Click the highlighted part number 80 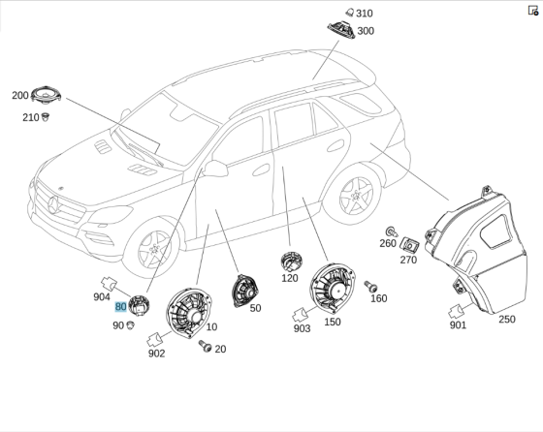[120, 306]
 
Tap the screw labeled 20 [205, 346]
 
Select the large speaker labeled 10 [189, 313]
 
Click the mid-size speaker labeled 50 [244, 292]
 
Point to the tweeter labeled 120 [291, 262]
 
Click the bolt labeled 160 [370, 287]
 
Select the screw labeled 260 [392, 231]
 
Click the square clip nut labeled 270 [409, 246]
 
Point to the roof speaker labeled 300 [341, 29]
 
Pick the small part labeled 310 [350, 13]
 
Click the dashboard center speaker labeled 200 [46, 94]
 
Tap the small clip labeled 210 [45, 117]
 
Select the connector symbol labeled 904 [109, 284]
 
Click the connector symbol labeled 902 [154, 340]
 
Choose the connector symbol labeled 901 [456, 311]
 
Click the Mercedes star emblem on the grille [54, 204]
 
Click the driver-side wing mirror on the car [215, 169]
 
